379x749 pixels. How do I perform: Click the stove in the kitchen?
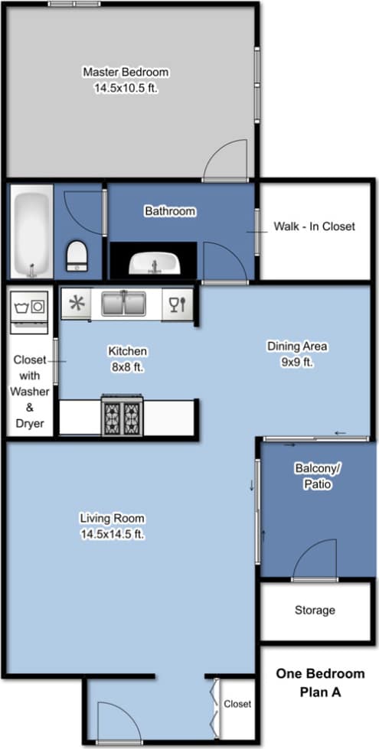[122, 416]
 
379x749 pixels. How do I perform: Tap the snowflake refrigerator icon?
[77, 304]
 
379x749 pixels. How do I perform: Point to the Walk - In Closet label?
[314, 226]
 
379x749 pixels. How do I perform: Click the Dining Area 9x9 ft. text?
[297, 354]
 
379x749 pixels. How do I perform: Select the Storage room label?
[315, 610]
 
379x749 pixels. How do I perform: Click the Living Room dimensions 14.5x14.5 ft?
[112, 535]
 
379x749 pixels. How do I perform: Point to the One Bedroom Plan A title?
[319, 682]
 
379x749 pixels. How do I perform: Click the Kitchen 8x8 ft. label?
[127, 358]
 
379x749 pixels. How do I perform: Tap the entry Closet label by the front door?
[237, 704]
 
